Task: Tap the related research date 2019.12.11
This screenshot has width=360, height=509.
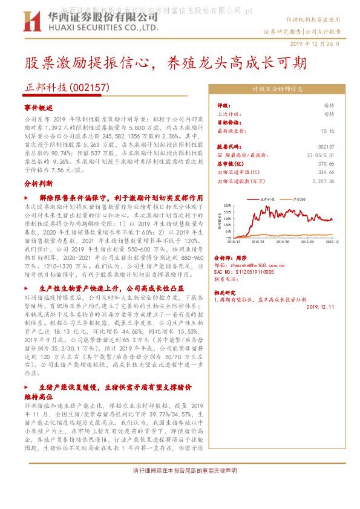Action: (x=320, y=307)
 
